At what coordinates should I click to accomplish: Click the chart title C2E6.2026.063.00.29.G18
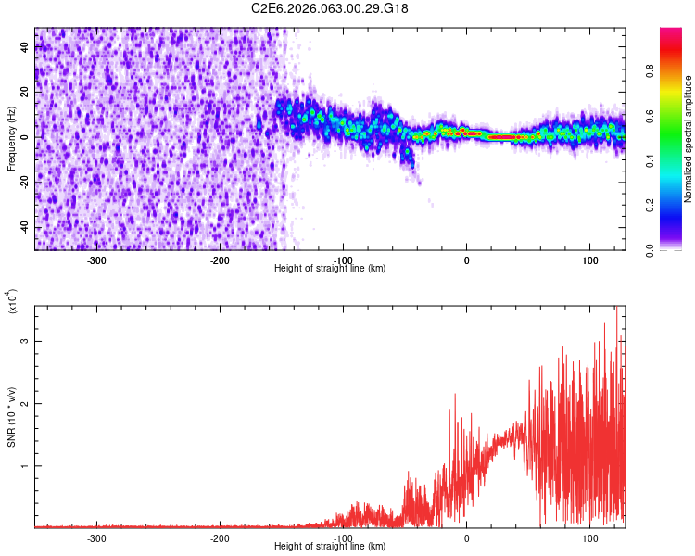click(x=330, y=8)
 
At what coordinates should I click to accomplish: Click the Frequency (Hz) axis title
click(x=11, y=139)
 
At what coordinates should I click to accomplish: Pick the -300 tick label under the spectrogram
click(x=97, y=260)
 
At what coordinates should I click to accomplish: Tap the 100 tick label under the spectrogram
click(x=589, y=260)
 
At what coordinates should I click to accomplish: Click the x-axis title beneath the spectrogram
click(x=330, y=269)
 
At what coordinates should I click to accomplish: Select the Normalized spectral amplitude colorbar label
click(x=689, y=139)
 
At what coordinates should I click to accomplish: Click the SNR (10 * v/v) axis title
click(x=11, y=416)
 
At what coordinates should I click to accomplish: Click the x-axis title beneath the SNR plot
click(x=330, y=547)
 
